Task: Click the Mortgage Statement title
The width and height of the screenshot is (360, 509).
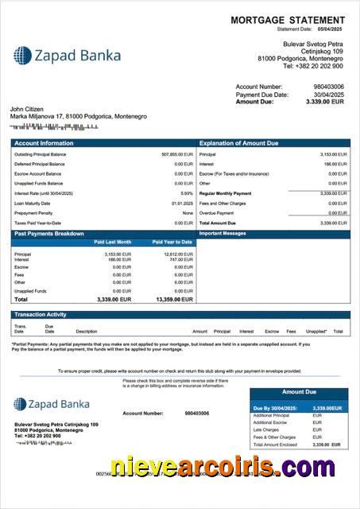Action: pyautogui.click(x=288, y=20)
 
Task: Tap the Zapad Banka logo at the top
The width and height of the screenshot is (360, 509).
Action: pyautogui.click(x=68, y=55)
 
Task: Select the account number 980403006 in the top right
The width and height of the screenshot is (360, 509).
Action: pyautogui.click(x=329, y=87)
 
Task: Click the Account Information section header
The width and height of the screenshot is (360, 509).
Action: pyautogui.click(x=45, y=143)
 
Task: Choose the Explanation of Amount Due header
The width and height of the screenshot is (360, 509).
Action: pyautogui.click(x=238, y=143)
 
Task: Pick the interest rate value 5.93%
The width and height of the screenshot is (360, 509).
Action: pyautogui.click(x=187, y=193)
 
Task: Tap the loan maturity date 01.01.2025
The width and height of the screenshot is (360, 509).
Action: pyautogui.click(x=182, y=203)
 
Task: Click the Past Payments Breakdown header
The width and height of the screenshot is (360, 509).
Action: pyautogui.click(x=48, y=233)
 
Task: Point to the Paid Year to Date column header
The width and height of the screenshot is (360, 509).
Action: pyautogui.click(x=172, y=242)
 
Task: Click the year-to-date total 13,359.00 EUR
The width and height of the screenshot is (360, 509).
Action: pyautogui.click(x=174, y=300)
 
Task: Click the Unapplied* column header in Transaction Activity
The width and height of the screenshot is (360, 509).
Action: pyautogui.click(x=316, y=331)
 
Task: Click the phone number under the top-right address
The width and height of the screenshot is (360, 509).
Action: pyautogui.click(x=315, y=66)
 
